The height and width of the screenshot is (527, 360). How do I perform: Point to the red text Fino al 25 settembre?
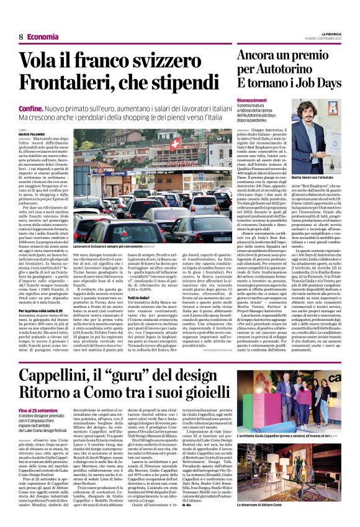(x=37, y=412)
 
